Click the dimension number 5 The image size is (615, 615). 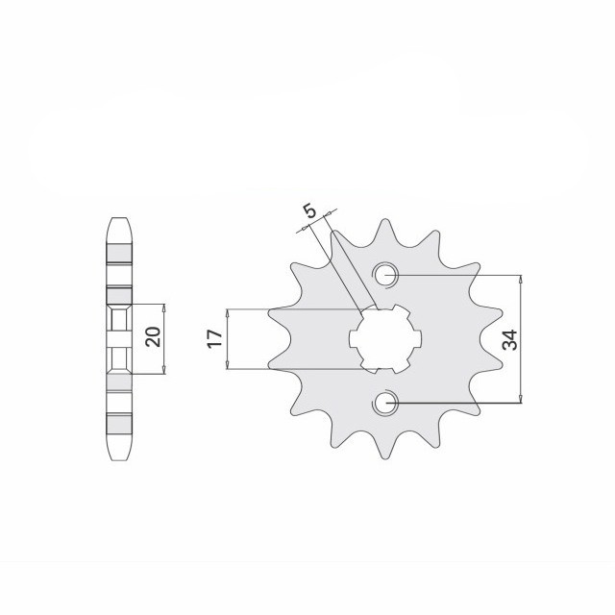pos(308,210)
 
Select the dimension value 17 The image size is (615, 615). pos(215,338)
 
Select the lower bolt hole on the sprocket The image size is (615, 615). pos(386,403)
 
